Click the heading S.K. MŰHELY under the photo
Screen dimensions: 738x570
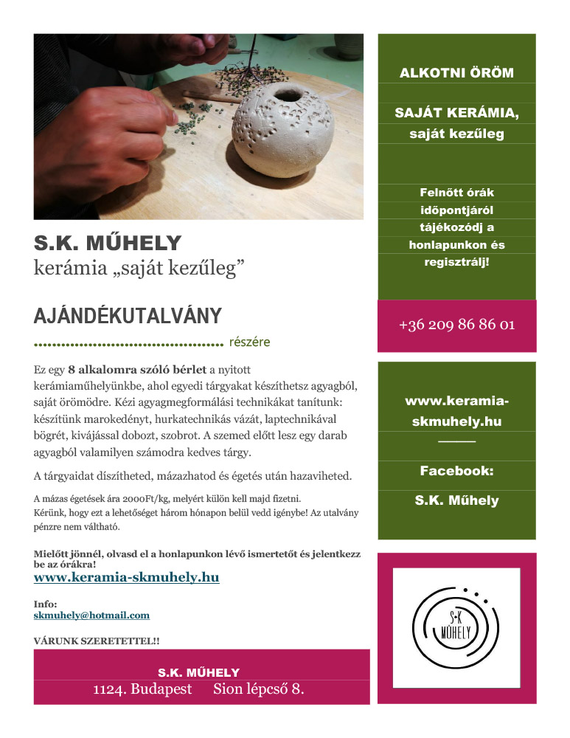coord(108,243)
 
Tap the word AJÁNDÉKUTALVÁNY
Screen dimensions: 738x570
coord(128,317)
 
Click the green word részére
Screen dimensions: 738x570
coord(250,342)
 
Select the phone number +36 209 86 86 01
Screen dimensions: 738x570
coord(456,325)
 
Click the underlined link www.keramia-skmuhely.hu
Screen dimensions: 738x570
coord(127,577)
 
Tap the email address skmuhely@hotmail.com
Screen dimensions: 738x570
coord(91,615)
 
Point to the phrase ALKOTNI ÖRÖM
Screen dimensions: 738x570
coord(456,73)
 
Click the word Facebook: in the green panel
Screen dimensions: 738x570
coord(456,470)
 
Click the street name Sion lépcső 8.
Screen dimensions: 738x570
coord(259,690)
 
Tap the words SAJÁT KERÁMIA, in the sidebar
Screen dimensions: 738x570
coord(456,114)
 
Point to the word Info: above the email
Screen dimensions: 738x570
coord(46,604)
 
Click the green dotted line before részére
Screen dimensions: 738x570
coord(128,344)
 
